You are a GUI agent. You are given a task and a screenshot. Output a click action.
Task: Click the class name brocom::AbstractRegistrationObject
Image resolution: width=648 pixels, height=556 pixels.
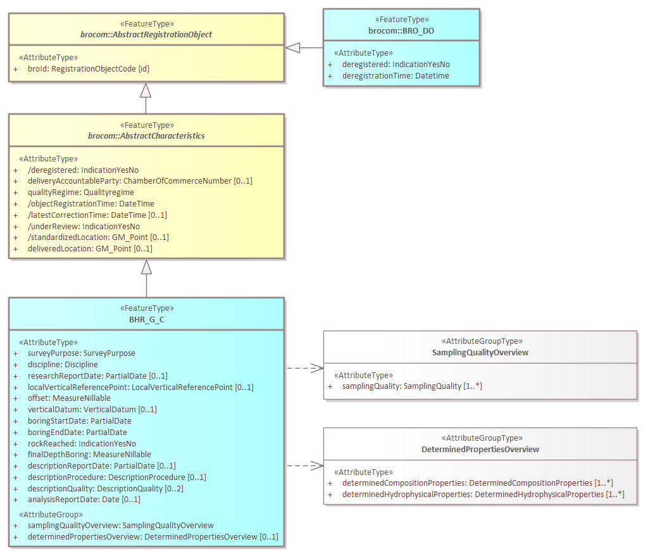pyautogui.click(x=146, y=34)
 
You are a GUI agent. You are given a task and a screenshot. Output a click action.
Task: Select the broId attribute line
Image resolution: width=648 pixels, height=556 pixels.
pyautogui.click(x=89, y=68)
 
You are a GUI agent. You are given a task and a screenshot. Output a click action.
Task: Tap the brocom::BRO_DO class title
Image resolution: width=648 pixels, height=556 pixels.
pyautogui.click(x=401, y=30)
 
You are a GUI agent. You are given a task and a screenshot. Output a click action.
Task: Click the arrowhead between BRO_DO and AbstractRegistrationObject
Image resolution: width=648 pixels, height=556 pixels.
pyautogui.click(x=292, y=47)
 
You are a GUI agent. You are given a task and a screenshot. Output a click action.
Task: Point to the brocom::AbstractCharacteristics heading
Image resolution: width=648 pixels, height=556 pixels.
pyautogui.click(x=146, y=136)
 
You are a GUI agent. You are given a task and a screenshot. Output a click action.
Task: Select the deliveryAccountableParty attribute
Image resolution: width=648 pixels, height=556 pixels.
pyautogui.click(x=140, y=181)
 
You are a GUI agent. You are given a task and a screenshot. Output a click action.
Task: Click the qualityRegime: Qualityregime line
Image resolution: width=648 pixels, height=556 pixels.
pyautogui.click(x=81, y=193)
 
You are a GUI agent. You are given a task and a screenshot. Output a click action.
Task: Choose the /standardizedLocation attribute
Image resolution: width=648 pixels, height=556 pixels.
pyautogui.click(x=98, y=237)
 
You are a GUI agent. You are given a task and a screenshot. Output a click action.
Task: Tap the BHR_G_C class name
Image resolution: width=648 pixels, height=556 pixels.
pyautogui.click(x=147, y=320)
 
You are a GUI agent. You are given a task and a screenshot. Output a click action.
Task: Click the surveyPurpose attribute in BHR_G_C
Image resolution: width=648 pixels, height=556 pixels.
pyautogui.click(x=82, y=353)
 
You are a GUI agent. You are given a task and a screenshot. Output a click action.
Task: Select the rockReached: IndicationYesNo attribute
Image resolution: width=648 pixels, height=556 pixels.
pyautogui.click(x=82, y=444)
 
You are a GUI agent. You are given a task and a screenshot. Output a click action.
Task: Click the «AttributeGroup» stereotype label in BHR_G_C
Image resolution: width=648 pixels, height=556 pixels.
pyautogui.click(x=51, y=514)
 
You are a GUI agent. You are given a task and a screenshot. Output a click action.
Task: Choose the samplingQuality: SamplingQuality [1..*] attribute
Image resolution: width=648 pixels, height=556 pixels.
pyautogui.click(x=412, y=386)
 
